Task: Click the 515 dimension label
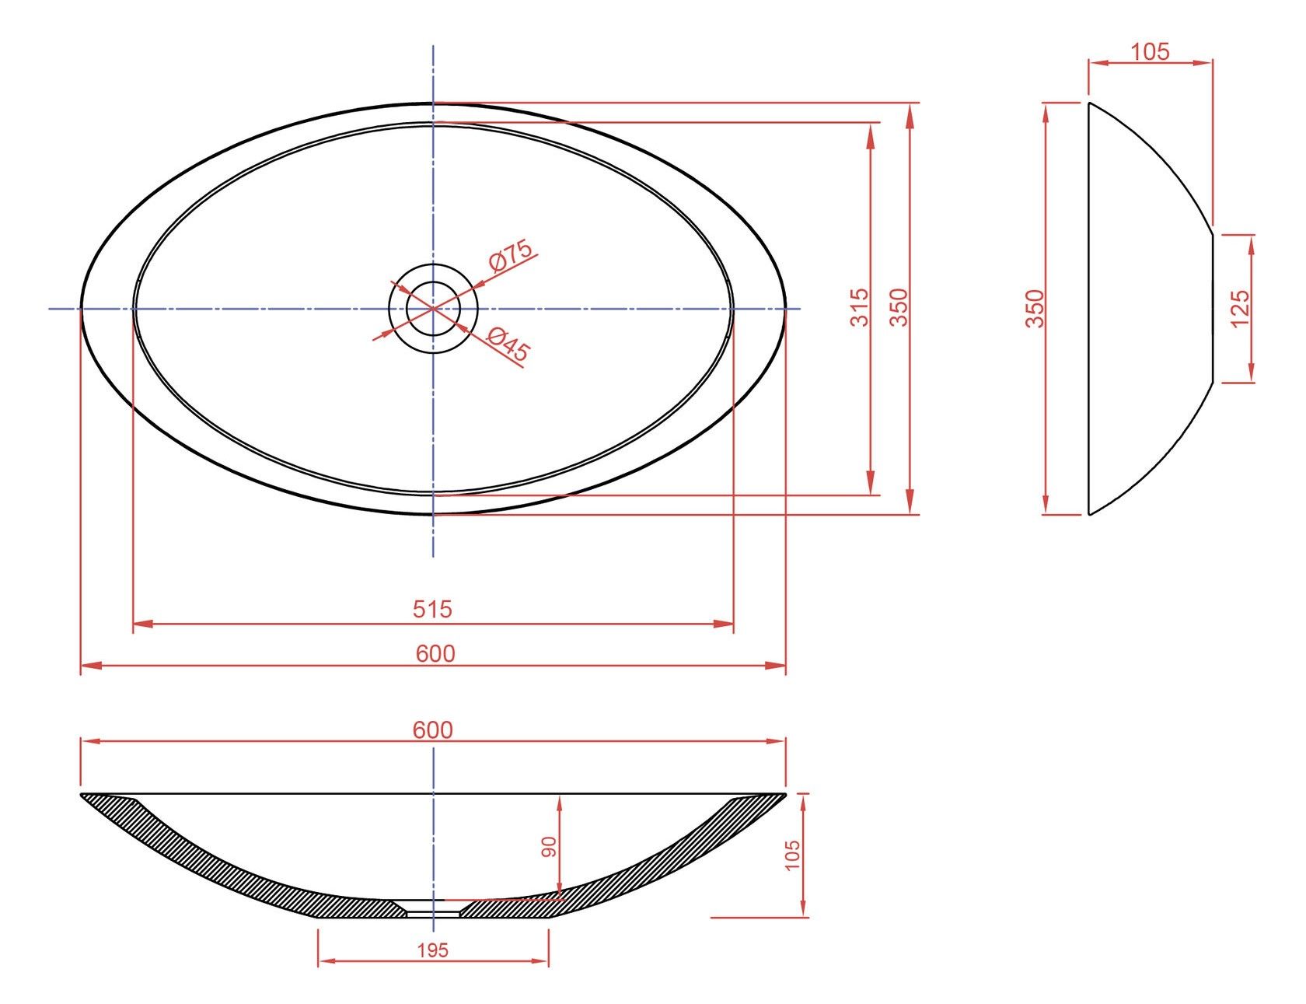432,608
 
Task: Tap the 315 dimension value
859,307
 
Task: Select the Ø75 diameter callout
510,256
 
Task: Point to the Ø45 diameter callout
508,345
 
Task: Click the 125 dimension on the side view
1240,308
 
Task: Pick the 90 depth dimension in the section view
549,847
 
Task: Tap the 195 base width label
433,950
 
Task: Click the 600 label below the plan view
435,653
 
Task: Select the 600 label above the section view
433,729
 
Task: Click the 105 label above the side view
1150,51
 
